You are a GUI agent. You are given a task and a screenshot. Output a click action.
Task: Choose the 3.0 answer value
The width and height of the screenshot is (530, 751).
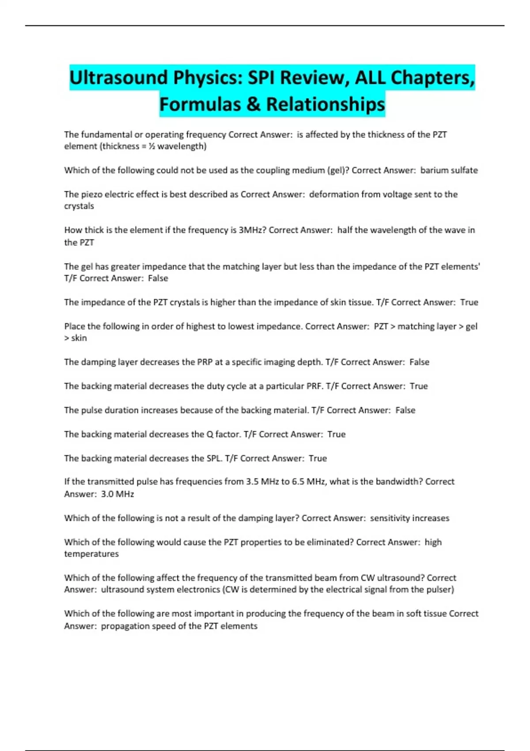[x=107, y=494]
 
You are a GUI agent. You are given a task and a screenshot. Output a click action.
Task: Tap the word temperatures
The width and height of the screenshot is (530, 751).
[x=91, y=554]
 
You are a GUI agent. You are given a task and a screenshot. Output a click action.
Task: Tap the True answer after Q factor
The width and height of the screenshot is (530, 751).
[x=336, y=434]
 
